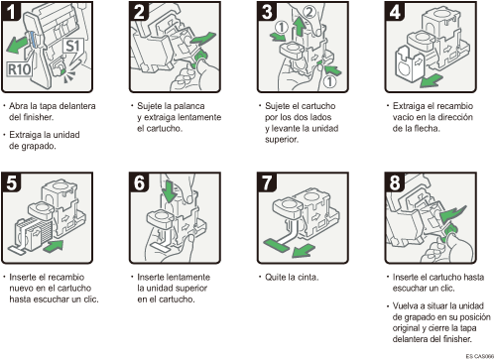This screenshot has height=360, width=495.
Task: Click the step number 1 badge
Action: pyautogui.click(x=11, y=11)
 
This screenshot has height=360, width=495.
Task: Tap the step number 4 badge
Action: pyautogui.click(x=395, y=11)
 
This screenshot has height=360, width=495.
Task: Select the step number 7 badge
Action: pyautogui.click(x=267, y=182)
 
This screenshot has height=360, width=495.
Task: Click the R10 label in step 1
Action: pyautogui.click(x=20, y=69)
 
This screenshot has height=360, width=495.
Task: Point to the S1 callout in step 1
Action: pyautogui.click(x=73, y=46)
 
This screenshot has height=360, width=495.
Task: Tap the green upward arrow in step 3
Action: pyautogui.click(x=300, y=27)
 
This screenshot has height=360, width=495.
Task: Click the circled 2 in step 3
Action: pyautogui.click(x=309, y=12)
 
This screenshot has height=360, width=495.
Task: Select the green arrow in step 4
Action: pyautogui.click(x=432, y=80)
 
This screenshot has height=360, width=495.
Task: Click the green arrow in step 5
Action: pyautogui.click(x=53, y=246)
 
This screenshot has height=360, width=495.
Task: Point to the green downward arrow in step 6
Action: pyautogui.click(x=171, y=191)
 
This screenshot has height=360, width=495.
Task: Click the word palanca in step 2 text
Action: pyautogui.click(x=189, y=106)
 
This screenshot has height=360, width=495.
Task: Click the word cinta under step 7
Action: pyautogui.click(x=307, y=278)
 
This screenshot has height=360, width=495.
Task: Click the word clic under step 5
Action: pyautogui.click(x=91, y=300)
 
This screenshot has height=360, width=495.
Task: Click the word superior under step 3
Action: pyautogui.click(x=282, y=140)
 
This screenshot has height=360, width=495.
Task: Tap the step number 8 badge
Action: pyautogui.click(x=395, y=182)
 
